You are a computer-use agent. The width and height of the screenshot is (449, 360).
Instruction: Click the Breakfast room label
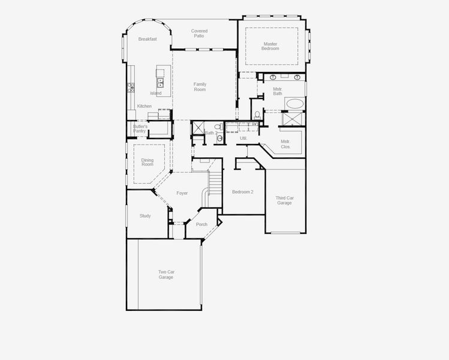point(147,39)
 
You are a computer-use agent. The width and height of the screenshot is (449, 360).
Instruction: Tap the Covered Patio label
point(199,34)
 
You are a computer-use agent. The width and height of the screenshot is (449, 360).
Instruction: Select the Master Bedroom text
point(270,46)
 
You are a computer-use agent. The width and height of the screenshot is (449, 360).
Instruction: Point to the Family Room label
point(200,86)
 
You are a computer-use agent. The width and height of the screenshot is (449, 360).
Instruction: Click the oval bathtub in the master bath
point(294,103)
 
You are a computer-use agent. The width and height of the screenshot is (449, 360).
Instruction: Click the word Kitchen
point(144,106)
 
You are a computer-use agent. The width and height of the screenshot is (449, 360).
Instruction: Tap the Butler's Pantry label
point(140,128)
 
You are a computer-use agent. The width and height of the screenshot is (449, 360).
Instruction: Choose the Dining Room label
point(147,162)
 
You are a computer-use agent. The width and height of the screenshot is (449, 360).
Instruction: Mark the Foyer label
point(182,193)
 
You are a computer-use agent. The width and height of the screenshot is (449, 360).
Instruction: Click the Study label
point(145,216)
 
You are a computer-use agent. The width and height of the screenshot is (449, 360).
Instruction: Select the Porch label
point(201,224)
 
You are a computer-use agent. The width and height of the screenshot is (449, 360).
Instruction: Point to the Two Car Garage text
point(166,274)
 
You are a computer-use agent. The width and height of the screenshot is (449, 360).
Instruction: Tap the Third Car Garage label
point(285,200)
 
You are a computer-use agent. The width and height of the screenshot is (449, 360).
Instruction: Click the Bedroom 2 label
point(243,192)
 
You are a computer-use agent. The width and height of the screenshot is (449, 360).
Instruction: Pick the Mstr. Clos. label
point(285,144)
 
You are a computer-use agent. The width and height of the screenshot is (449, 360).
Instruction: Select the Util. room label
point(243,139)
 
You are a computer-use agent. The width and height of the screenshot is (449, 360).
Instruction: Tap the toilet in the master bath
point(257,114)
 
